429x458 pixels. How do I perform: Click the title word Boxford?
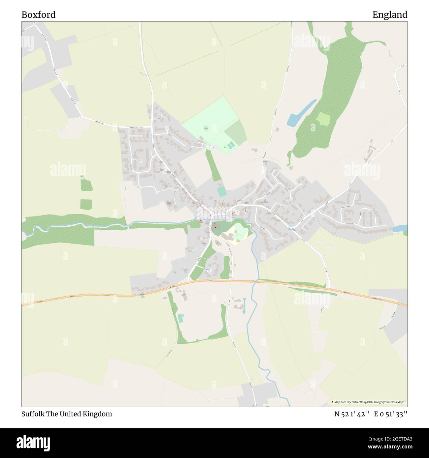[38, 15]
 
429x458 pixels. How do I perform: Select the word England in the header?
[390, 15]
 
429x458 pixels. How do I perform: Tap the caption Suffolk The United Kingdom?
[67, 414]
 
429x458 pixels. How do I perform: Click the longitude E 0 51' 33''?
[391, 414]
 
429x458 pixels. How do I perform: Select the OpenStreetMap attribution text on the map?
[370, 402]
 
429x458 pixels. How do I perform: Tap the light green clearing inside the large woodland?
[322, 119]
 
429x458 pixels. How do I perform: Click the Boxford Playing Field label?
[206, 129]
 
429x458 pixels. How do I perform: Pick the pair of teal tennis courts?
[231, 145]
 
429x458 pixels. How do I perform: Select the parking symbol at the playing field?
[213, 147]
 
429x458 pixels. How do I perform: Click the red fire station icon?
[201, 220]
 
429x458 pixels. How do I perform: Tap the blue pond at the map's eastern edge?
[400, 228]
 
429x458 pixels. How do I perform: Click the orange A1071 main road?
[99, 296]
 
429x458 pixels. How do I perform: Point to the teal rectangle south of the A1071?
[180, 319]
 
